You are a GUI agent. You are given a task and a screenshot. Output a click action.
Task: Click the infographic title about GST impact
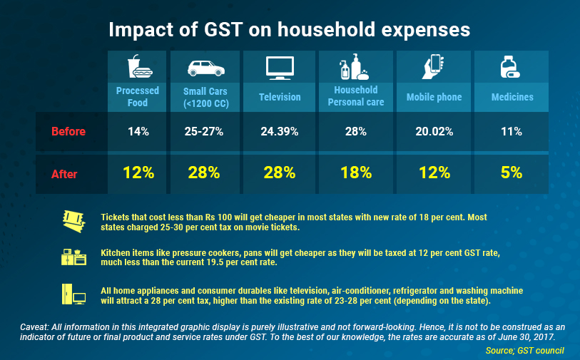tap(289, 31)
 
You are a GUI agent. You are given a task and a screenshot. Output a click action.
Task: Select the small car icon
tap(205, 68)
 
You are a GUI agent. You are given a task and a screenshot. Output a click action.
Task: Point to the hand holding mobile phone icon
tap(434, 67)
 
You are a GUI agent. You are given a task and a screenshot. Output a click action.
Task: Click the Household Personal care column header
tap(355, 96)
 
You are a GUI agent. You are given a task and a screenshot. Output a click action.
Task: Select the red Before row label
tap(68, 131)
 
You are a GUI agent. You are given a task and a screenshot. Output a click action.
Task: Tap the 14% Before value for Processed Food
tap(138, 131)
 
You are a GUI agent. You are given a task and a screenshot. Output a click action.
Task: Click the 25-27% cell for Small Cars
tap(205, 131)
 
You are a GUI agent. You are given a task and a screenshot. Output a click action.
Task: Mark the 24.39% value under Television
tap(279, 131)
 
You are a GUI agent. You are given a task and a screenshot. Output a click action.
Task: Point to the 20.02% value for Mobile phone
tap(434, 131)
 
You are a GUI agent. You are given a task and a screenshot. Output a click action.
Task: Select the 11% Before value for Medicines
tap(512, 131)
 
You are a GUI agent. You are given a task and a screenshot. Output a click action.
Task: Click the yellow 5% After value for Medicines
tap(512, 173)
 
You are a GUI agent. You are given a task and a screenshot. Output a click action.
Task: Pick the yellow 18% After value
tap(355, 173)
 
